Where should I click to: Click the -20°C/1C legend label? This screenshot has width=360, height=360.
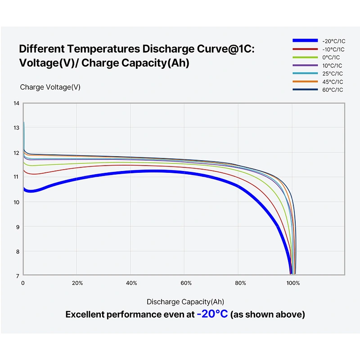(333, 41)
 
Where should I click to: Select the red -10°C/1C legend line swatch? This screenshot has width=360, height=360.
(305, 49)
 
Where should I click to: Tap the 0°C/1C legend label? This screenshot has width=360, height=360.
(331, 58)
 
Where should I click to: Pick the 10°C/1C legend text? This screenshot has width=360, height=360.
(332, 66)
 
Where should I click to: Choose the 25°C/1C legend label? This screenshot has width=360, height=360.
(333, 74)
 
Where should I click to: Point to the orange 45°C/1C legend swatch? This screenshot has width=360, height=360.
(305, 81)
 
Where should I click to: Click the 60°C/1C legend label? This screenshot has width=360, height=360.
(333, 90)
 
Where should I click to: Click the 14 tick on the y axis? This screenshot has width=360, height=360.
(16, 103)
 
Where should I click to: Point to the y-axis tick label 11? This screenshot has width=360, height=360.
(16, 177)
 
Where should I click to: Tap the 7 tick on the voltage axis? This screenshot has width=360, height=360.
(18, 276)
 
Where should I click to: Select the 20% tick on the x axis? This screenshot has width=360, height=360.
(77, 283)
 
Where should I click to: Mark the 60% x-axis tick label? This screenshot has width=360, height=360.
(186, 283)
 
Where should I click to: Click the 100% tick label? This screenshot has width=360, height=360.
(293, 283)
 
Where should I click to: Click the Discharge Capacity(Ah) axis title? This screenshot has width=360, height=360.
(185, 301)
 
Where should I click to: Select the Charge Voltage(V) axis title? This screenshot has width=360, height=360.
(50, 87)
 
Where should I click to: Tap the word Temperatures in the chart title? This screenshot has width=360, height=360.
(103, 49)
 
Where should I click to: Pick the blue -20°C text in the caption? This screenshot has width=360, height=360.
(212, 314)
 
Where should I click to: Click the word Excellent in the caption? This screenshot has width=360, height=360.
(84, 314)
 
